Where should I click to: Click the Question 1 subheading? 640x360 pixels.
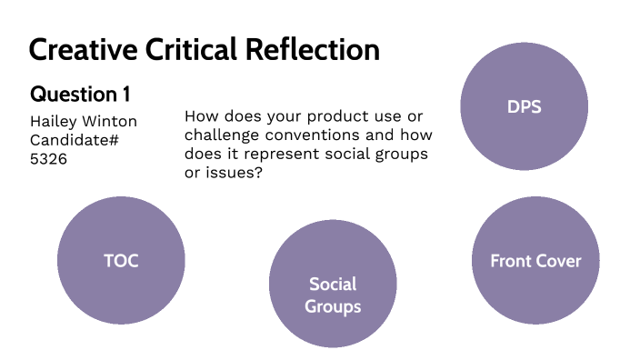point(80,95)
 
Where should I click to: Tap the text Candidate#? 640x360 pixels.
point(75,140)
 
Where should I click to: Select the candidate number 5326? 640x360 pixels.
point(49,157)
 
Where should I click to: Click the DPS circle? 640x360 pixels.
point(524,107)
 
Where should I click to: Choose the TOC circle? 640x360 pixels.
point(121,261)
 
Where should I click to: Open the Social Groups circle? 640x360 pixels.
point(333,295)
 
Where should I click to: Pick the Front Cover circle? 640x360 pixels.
point(535,261)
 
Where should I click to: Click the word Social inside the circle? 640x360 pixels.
point(333,284)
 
